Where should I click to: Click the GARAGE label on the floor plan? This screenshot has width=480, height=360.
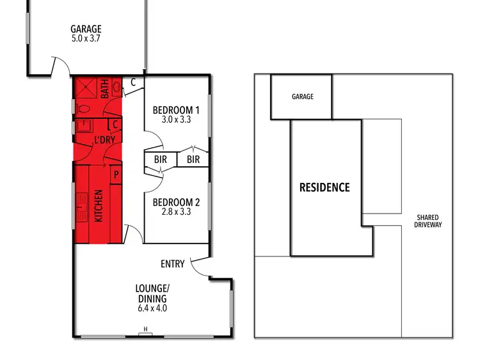(x=86, y=29)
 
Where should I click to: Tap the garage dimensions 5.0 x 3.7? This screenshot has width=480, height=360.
(x=86, y=38)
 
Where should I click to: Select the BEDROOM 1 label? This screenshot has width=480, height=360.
(x=176, y=109)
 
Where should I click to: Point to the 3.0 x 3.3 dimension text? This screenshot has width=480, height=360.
(x=176, y=120)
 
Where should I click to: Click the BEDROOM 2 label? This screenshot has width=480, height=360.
(x=176, y=202)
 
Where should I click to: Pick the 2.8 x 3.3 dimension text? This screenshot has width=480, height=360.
(x=176, y=212)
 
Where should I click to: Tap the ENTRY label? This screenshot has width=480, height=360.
(x=173, y=263)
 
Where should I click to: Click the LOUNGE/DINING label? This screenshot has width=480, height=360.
(x=152, y=293)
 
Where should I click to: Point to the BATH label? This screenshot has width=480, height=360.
(x=104, y=89)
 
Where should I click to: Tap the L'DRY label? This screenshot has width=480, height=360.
(x=104, y=139)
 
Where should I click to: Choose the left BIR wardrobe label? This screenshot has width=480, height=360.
(x=160, y=159)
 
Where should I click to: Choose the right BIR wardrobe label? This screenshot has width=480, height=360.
(x=193, y=159)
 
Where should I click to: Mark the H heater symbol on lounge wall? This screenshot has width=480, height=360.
(x=146, y=330)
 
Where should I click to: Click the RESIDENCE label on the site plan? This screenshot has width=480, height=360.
(x=325, y=187)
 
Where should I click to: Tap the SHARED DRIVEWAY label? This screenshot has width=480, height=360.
(x=428, y=221)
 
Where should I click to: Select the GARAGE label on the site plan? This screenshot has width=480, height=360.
(x=302, y=97)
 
